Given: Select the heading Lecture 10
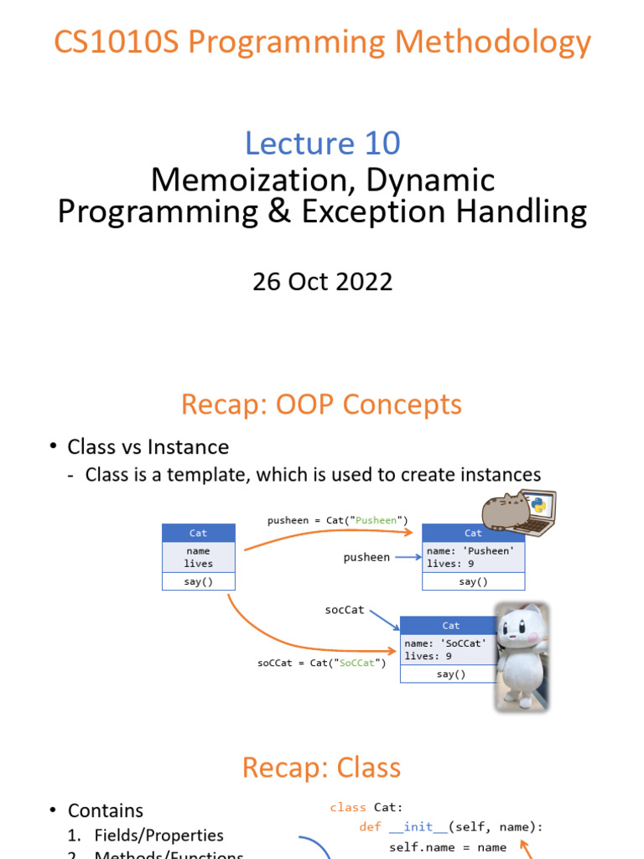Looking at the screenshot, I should pos(322,143).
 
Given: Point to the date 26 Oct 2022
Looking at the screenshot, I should pos(322,281).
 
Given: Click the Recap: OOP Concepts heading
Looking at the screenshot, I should pos(322,404).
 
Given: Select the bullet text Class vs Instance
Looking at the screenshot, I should pos(148,447).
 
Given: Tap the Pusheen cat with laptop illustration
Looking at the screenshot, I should pos(517,513).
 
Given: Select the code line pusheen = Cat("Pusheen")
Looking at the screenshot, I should pos(337,520).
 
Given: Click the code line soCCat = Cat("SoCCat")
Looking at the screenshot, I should pos(322,663).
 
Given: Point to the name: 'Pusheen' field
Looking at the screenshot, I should pos(470,551).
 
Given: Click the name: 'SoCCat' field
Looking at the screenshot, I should pos(445,643).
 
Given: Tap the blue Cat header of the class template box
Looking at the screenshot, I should pos(198,533).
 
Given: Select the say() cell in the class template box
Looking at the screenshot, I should pos(198,582).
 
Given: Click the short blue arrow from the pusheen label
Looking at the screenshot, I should pos(408,557).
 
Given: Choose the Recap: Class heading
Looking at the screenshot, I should pos(322,767).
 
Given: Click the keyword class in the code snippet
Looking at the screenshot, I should pos(348,807).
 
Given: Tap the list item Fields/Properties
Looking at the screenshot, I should pos(158,836).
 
